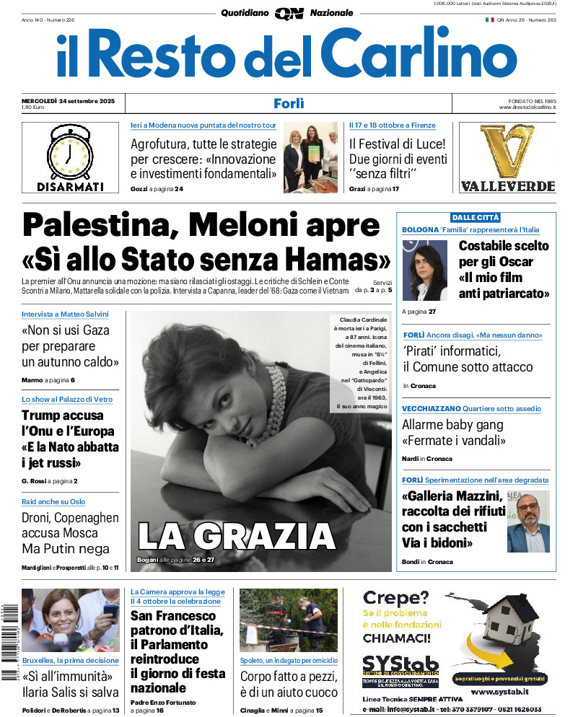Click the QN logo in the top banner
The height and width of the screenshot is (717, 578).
coord(289,13)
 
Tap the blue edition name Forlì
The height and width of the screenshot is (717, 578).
coord(289,103)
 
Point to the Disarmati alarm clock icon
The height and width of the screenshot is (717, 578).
coord(70,152)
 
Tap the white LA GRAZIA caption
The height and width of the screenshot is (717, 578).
coord(236,536)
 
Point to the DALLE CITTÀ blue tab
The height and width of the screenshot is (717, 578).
coord(475,217)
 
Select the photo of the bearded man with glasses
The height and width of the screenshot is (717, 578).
coord(527,522)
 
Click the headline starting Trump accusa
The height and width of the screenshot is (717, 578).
coord(70,439)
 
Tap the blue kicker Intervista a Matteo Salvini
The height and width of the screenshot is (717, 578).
coord(65,314)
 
